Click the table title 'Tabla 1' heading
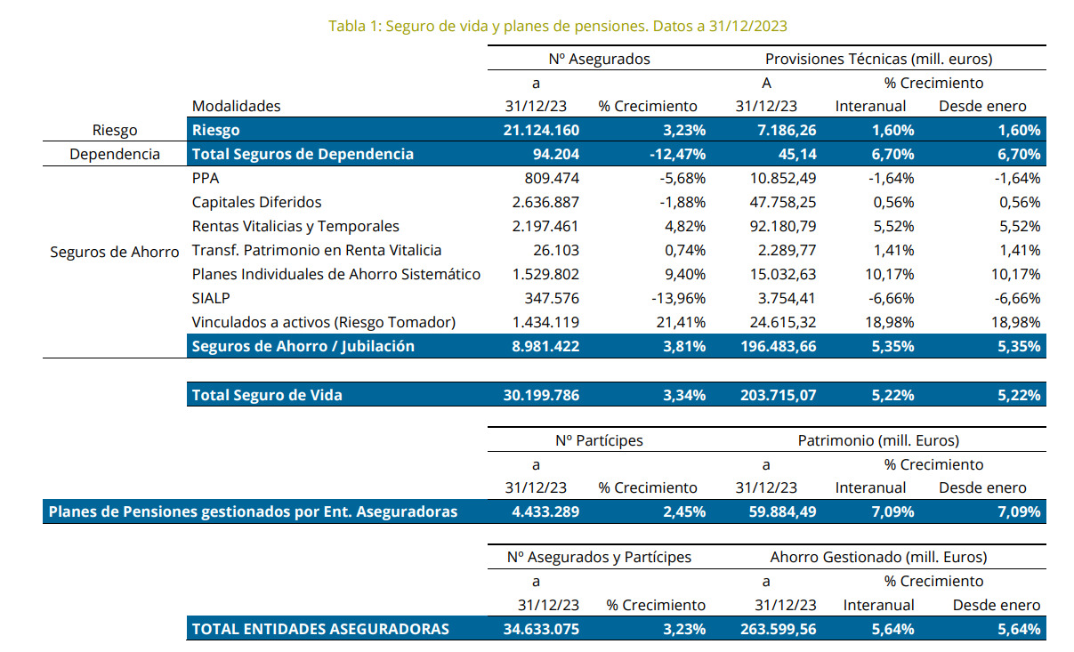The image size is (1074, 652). pyautogui.click(x=557, y=26)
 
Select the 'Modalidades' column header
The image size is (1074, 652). pyautogui.click(x=236, y=106)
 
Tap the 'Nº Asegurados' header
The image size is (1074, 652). pyautogui.click(x=600, y=59)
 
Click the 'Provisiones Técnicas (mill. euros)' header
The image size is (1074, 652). pyautogui.click(x=878, y=59)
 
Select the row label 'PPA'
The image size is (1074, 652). pyautogui.click(x=206, y=178)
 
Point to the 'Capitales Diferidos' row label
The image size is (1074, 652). pyautogui.click(x=256, y=202)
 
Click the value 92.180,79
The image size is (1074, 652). pyautogui.click(x=777, y=226)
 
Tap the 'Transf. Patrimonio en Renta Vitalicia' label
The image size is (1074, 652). pyautogui.click(x=317, y=250)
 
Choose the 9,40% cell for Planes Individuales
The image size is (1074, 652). pyautogui.click(x=685, y=274)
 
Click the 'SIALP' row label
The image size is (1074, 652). pyautogui.click(x=211, y=298)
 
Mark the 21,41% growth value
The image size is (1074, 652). pyautogui.click(x=681, y=322)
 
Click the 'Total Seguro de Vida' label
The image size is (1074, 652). pyautogui.click(x=267, y=395)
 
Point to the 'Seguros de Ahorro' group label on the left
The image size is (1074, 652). pyautogui.click(x=114, y=251)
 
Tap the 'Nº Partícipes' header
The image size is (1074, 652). pyautogui.click(x=599, y=439)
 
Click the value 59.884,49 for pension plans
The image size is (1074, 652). pyautogui.click(x=777, y=511)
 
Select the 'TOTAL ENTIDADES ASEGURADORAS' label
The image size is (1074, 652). pyautogui.click(x=320, y=629)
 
